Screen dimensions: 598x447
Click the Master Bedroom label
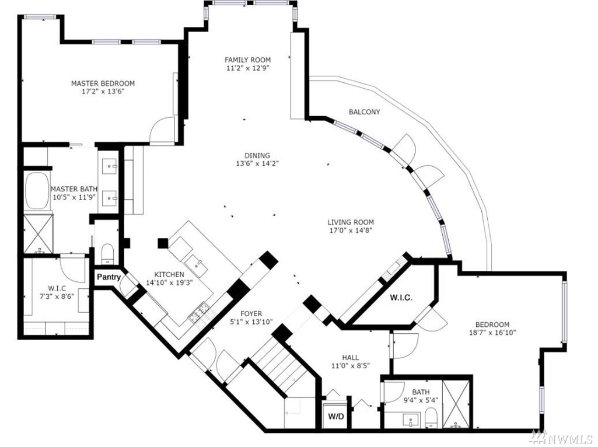click(103, 83)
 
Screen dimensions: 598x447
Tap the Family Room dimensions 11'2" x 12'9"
click(247, 68)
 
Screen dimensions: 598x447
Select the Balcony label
click(364, 112)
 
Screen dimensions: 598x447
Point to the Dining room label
click(257, 155)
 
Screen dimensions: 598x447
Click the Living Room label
click(351, 222)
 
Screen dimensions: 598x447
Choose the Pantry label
click(109, 277)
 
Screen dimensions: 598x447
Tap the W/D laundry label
click(335, 416)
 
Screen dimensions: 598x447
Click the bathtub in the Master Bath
click(36, 191)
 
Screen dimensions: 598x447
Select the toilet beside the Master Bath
click(108, 253)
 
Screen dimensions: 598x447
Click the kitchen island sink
click(196, 264)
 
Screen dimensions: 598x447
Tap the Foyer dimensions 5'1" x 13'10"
click(251, 322)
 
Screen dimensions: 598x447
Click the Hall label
click(350, 357)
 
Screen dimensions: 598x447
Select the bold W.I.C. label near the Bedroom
click(401, 298)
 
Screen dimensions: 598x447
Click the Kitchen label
click(169, 274)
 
